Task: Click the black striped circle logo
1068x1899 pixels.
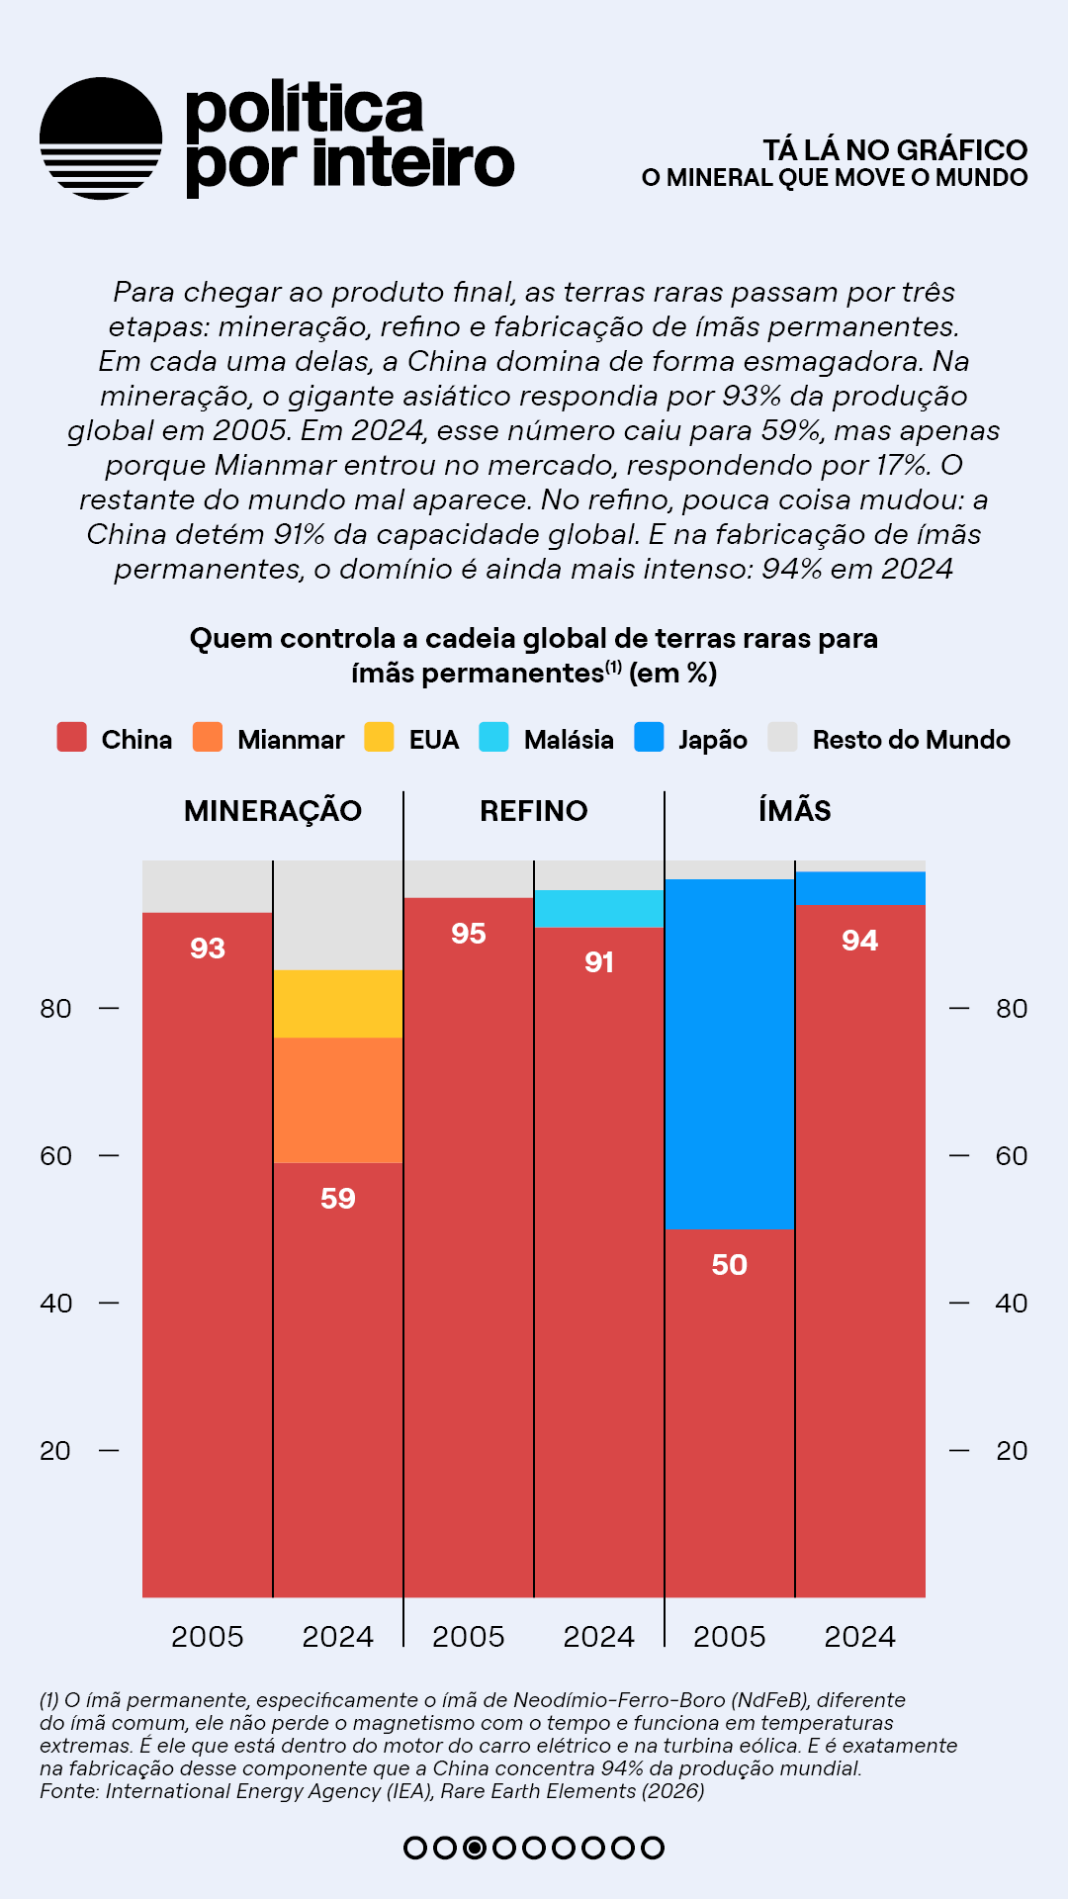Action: (x=101, y=138)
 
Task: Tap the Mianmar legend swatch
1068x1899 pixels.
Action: (x=208, y=738)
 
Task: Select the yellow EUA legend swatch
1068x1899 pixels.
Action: (x=379, y=738)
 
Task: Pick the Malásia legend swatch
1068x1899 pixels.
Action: (x=493, y=738)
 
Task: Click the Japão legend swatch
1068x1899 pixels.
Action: (x=649, y=738)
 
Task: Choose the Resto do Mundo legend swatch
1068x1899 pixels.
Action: (x=782, y=738)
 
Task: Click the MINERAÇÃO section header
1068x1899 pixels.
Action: (x=273, y=811)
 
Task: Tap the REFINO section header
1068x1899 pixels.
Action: (x=534, y=811)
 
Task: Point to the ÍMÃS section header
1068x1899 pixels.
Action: (x=794, y=811)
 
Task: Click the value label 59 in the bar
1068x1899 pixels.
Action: (x=338, y=1199)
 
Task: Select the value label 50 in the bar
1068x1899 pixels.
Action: (x=730, y=1265)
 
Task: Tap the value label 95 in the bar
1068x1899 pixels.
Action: (x=469, y=934)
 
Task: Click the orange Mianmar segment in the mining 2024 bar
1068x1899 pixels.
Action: (x=338, y=1100)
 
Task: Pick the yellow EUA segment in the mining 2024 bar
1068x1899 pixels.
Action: (x=338, y=1004)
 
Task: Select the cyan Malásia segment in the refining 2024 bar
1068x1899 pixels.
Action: (x=599, y=909)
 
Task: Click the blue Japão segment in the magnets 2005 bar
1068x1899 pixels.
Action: (x=730, y=1054)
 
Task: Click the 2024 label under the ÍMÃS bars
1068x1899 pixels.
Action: (x=860, y=1637)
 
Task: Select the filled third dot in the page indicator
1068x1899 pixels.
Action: (x=475, y=1848)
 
